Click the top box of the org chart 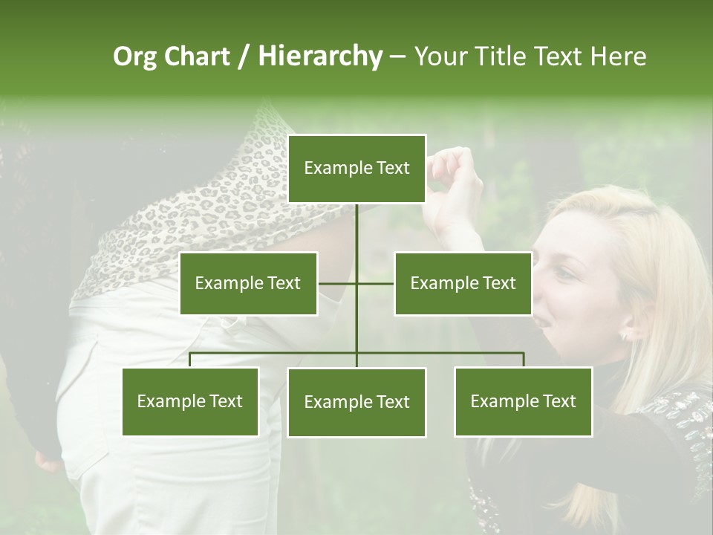coord(356,169)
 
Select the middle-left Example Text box coord(248,283)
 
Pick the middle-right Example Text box coord(463,283)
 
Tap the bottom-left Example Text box coord(190,402)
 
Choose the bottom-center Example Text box coord(356,403)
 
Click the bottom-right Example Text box coord(523,402)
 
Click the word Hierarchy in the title coord(320,56)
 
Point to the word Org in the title coord(135,57)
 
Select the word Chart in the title coord(197,56)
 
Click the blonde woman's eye coord(565,273)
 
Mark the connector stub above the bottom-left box coord(190,360)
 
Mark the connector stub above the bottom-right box coord(523,360)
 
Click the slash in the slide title coord(244,57)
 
